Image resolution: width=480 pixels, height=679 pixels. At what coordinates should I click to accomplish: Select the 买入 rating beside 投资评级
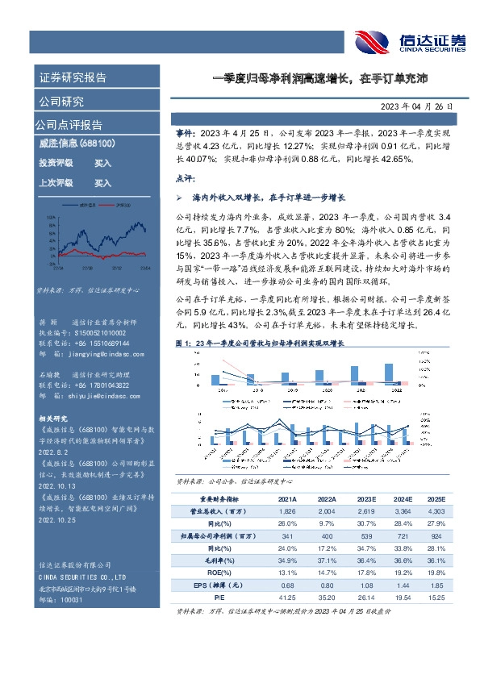coord(102,163)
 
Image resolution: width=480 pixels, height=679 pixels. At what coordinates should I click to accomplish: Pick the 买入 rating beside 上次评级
coord(102,183)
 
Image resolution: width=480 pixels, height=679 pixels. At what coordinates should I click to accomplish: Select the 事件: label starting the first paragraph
coord(186,131)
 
